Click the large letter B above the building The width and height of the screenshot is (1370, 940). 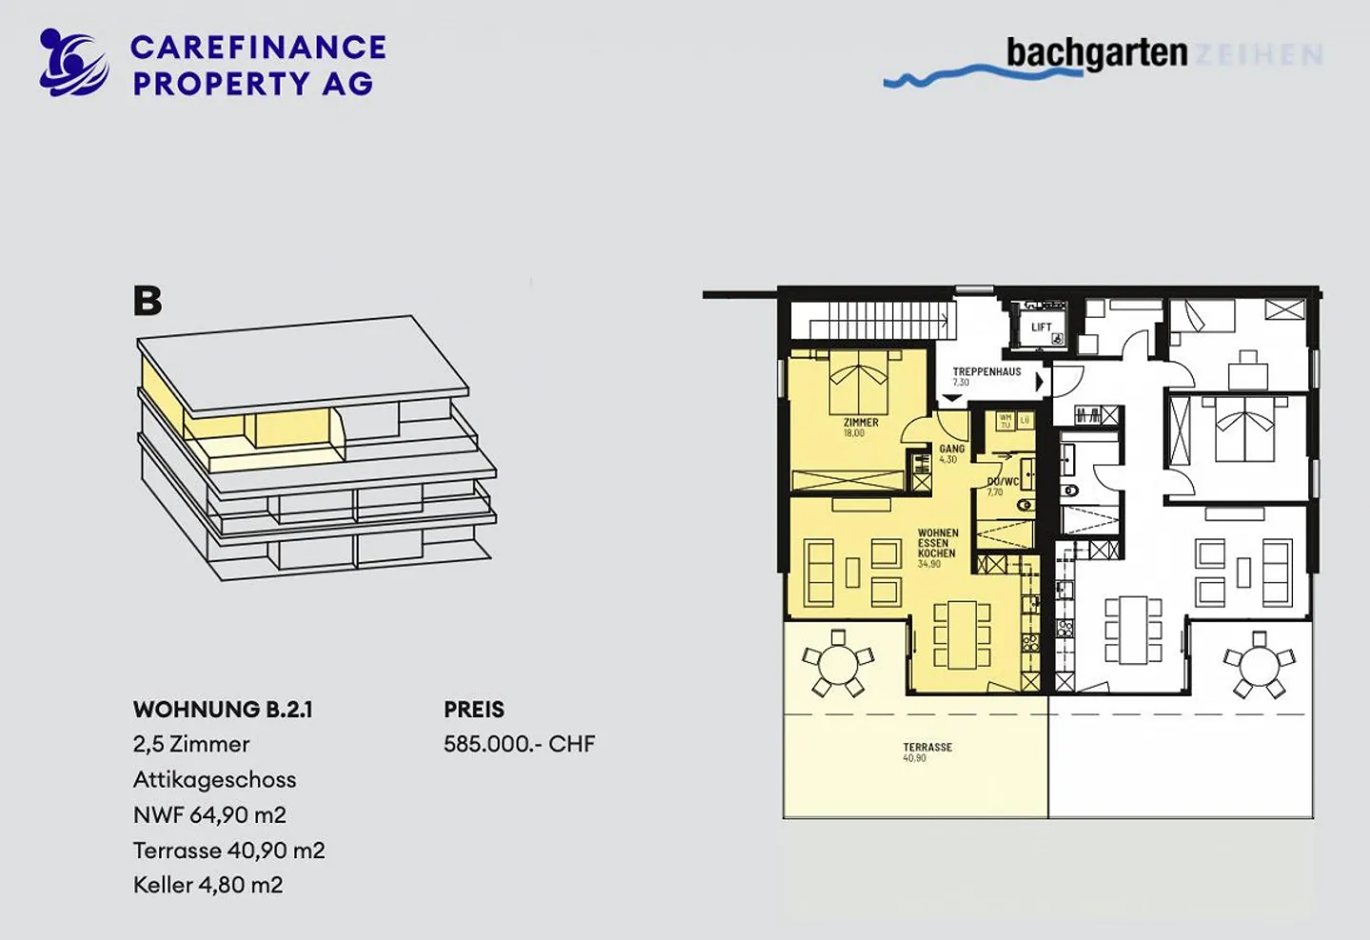coord(147,301)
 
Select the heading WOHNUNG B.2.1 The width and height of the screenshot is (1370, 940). coord(223,710)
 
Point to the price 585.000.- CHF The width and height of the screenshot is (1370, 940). coord(519,744)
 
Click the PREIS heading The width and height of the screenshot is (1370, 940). coord(474,710)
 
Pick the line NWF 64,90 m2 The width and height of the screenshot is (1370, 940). coord(209,814)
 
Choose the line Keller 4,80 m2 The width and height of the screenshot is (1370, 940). coord(207,885)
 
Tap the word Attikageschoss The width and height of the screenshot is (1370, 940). coord(214,779)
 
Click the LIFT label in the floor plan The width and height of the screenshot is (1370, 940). coord(1041,327)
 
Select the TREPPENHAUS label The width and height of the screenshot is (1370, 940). coord(987,373)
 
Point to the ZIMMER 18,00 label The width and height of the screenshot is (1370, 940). coord(860,427)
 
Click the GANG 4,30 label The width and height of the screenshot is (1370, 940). coord(951,453)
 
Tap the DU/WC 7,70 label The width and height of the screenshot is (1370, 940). coord(1002,486)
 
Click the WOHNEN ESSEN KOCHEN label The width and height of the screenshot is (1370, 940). coord(937,547)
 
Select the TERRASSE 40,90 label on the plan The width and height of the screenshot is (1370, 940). coord(927,752)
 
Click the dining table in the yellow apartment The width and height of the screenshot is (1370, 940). coord(962,633)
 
